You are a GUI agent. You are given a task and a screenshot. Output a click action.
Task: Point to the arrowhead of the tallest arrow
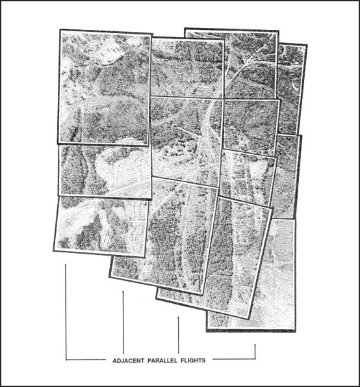[x=66, y=265]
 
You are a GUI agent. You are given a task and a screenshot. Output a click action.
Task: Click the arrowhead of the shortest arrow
[x=255, y=345]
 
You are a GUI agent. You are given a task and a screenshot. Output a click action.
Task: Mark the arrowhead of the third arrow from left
[x=179, y=318]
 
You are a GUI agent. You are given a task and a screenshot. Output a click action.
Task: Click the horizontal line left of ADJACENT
[x=84, y=359]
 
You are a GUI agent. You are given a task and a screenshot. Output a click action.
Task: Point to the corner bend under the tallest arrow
[x=66, y=359]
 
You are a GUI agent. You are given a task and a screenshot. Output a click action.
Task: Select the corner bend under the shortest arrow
[x=255, y=359]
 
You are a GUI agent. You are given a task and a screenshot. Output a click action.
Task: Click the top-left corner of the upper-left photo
[x=60, y=30]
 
